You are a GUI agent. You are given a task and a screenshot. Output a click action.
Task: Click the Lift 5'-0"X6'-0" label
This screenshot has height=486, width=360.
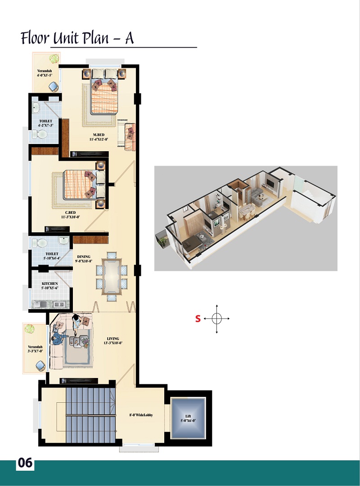(188, 418)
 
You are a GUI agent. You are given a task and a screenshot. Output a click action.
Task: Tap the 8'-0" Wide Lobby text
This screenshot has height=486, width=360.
(141, 415)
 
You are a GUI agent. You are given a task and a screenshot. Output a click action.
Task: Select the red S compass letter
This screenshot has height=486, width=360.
(198, 319)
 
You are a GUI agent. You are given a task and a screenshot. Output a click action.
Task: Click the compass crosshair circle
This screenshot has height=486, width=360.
(217, 318)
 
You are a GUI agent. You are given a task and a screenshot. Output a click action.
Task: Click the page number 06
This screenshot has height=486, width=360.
(25, 463)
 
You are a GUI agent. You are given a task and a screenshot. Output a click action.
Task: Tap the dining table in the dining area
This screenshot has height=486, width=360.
(112, 277)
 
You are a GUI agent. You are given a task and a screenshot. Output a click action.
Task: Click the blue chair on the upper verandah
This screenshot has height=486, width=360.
(54, 86)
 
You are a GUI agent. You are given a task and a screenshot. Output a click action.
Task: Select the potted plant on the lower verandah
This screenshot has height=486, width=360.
(29, 328)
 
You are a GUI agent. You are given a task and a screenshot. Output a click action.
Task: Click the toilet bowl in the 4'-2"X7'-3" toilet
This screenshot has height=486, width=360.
(40, 134)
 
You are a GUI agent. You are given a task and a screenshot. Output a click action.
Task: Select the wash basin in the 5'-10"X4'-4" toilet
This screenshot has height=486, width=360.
(63, 240)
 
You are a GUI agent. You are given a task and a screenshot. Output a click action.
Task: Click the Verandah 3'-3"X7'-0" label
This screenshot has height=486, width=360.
(35, 349)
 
